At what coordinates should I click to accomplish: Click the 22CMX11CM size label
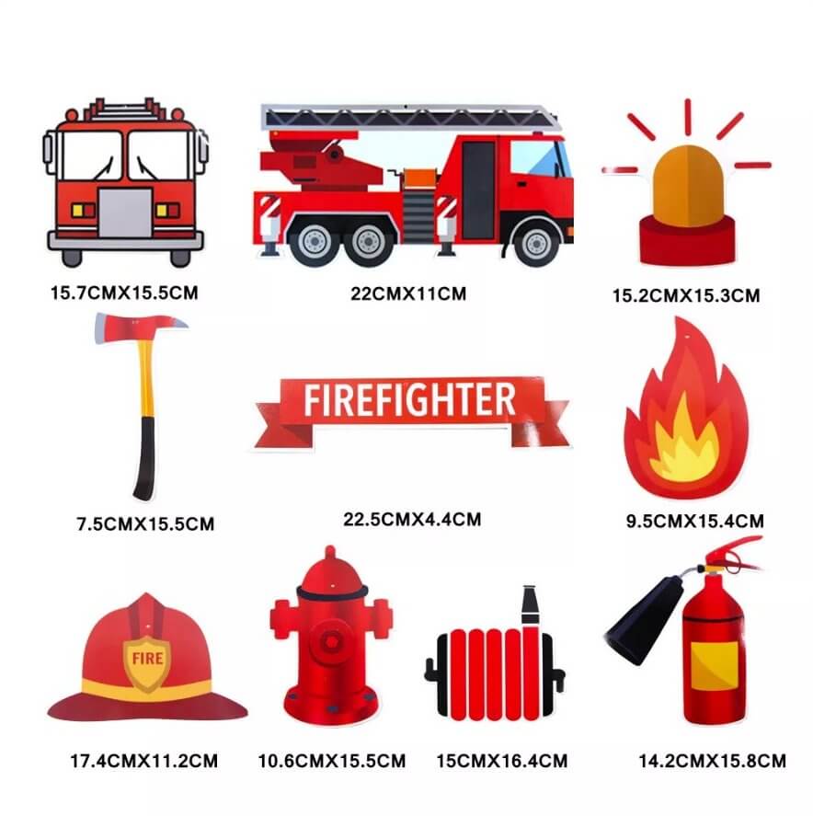(408, 293)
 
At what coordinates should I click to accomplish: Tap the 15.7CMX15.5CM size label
(124, 293)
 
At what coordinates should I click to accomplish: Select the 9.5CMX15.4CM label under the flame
(695, 521)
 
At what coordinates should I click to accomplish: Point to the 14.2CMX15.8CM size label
(712, 761)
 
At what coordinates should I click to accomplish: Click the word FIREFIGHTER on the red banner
(410, 399)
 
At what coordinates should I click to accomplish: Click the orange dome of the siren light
(688, 186)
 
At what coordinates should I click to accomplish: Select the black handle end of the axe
(145, 458)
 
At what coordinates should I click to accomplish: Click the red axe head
(140, 328)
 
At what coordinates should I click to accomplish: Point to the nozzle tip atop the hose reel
(530, 604)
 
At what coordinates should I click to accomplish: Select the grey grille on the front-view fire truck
(125, 213)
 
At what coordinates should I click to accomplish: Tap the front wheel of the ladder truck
(536, 244)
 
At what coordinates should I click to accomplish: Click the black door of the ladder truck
(478, 190)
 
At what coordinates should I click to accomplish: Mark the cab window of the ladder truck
(540, 158)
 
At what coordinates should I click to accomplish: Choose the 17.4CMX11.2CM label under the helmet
(144, 761)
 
